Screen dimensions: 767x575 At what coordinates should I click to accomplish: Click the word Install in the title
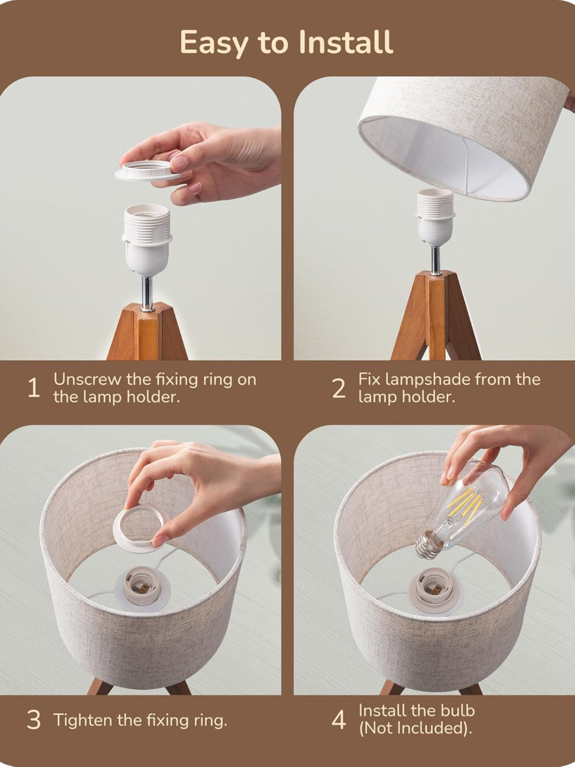[345, 42]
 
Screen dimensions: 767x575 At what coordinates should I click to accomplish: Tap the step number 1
[33, 388]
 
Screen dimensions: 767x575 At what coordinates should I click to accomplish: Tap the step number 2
[338, 388]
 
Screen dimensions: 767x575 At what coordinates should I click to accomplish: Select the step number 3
[34, 720]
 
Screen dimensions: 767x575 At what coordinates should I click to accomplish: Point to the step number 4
[338, 720]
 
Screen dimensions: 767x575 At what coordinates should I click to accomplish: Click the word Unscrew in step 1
[87, 379]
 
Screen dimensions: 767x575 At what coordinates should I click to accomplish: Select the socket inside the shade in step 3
[142, 587]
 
